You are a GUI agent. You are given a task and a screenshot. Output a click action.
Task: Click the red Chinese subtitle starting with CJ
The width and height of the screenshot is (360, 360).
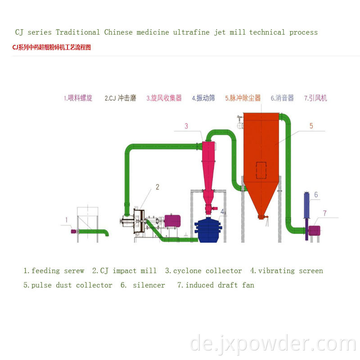51,47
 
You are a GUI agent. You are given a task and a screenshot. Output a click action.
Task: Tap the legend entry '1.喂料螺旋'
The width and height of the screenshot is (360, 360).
78,98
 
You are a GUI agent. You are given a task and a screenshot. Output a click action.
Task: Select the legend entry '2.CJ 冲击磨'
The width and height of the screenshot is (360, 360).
120,98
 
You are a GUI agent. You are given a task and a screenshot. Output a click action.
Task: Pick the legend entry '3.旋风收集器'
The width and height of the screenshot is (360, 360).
164,98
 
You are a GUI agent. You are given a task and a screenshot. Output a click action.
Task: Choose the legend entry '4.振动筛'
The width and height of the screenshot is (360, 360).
203,98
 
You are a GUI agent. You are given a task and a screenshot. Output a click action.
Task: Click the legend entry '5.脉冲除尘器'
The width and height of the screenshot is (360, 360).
243,98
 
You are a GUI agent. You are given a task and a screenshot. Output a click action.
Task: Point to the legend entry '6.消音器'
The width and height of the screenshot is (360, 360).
282,98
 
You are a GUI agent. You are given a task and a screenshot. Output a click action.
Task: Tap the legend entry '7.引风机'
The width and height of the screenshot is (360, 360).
315,98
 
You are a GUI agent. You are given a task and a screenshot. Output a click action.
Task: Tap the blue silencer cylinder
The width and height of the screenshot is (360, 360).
307,207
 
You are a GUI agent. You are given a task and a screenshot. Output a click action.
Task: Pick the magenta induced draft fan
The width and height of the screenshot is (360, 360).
314,230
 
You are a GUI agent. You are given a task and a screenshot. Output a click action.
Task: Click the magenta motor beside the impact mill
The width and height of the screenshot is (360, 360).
172,220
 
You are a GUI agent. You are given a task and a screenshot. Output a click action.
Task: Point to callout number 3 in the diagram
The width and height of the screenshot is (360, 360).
186,126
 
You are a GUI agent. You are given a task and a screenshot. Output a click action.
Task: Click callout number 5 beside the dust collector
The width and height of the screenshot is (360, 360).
311,126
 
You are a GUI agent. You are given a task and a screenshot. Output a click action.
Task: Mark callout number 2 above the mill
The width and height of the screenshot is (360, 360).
157,187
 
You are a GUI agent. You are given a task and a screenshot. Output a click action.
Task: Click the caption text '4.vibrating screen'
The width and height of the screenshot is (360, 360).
287,271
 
